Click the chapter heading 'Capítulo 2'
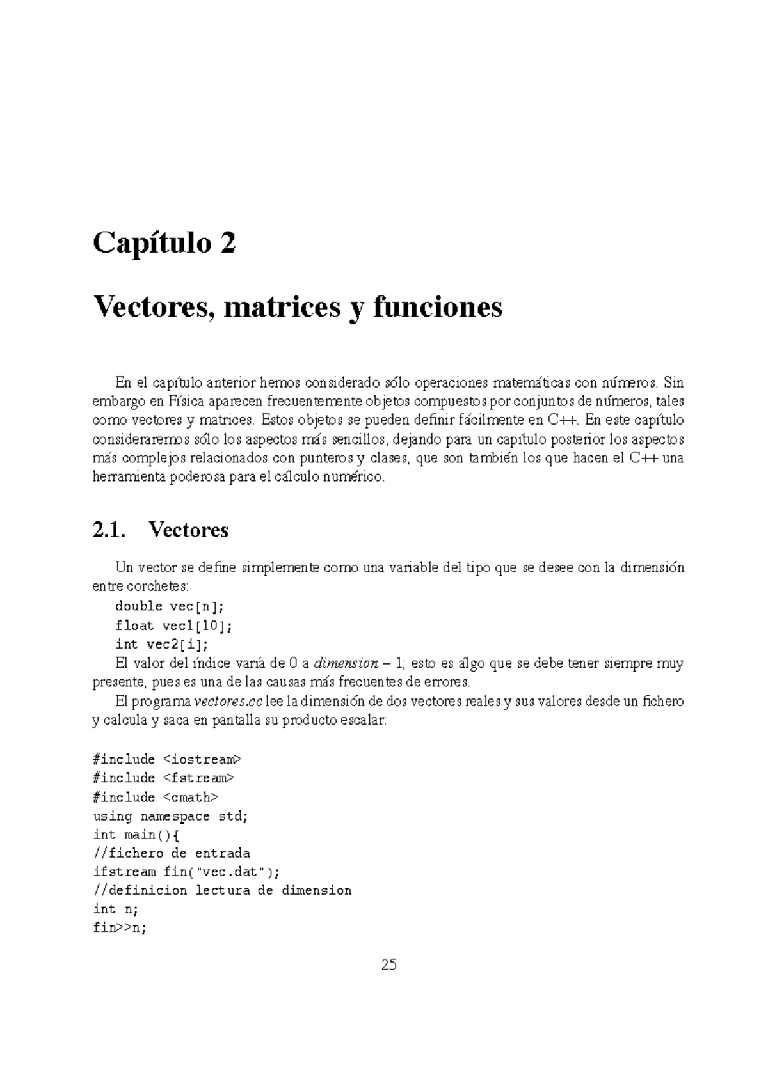tap(164, 244)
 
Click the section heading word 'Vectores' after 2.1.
tap(188, 530)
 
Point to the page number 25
tap(388, 965)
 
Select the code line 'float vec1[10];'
tap(173, 626)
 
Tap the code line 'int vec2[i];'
tap(162, 644)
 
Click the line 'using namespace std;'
tap(170, 816)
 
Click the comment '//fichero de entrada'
tap(172, 853)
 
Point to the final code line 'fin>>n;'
tap(120, 928)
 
